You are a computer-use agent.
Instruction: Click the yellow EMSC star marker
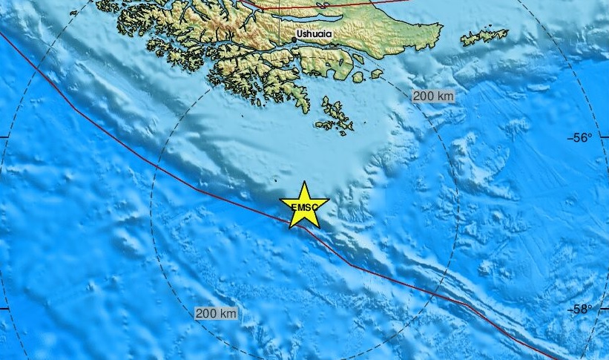pyautogui.click(x=304, y=205)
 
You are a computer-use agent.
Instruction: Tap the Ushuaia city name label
pyautogui.click(x=314, y=34)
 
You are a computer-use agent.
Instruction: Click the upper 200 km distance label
pyautogui.click(x=433, y=96)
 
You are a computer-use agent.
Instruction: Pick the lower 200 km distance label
pyautogui.click(x=217, y=314)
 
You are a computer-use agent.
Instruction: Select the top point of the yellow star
pyautogui.click(x=304, y=182)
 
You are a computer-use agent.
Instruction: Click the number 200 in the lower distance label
pyautogui.click(x=207, y=314)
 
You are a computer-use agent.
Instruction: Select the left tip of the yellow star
pyautogui.click(x=280, y=200)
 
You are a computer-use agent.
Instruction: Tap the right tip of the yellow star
pyautogui.click(x=329, y=200)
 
